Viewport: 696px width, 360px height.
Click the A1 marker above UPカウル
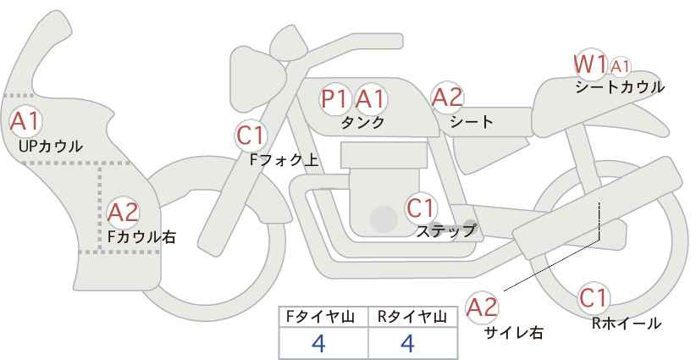point(25,121)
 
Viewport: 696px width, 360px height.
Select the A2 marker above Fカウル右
point(123,212)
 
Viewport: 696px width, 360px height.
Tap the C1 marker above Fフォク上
point(251,136)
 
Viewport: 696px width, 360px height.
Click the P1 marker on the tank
point(335,98)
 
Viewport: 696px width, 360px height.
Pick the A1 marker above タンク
point(370,98)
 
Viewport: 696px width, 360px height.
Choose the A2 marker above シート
point(447,97)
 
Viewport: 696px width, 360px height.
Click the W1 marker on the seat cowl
point(590,64)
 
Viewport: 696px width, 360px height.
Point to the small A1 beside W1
point(620,67)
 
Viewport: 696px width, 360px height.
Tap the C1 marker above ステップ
point(420,208)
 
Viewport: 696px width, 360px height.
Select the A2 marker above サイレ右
point(482,307)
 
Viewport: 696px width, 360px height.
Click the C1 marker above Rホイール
point(593,298)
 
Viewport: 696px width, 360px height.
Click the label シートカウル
point(620,87)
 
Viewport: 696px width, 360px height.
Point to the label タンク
point(362,123)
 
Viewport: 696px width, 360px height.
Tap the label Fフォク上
point(284,160)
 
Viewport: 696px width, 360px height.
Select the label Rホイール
point(627,324)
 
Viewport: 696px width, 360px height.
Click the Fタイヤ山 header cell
point(323,317)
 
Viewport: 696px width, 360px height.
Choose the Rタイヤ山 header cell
point(413,317)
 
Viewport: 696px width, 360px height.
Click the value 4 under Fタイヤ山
point(318,343)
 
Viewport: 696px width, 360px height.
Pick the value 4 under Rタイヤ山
point(407,343)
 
